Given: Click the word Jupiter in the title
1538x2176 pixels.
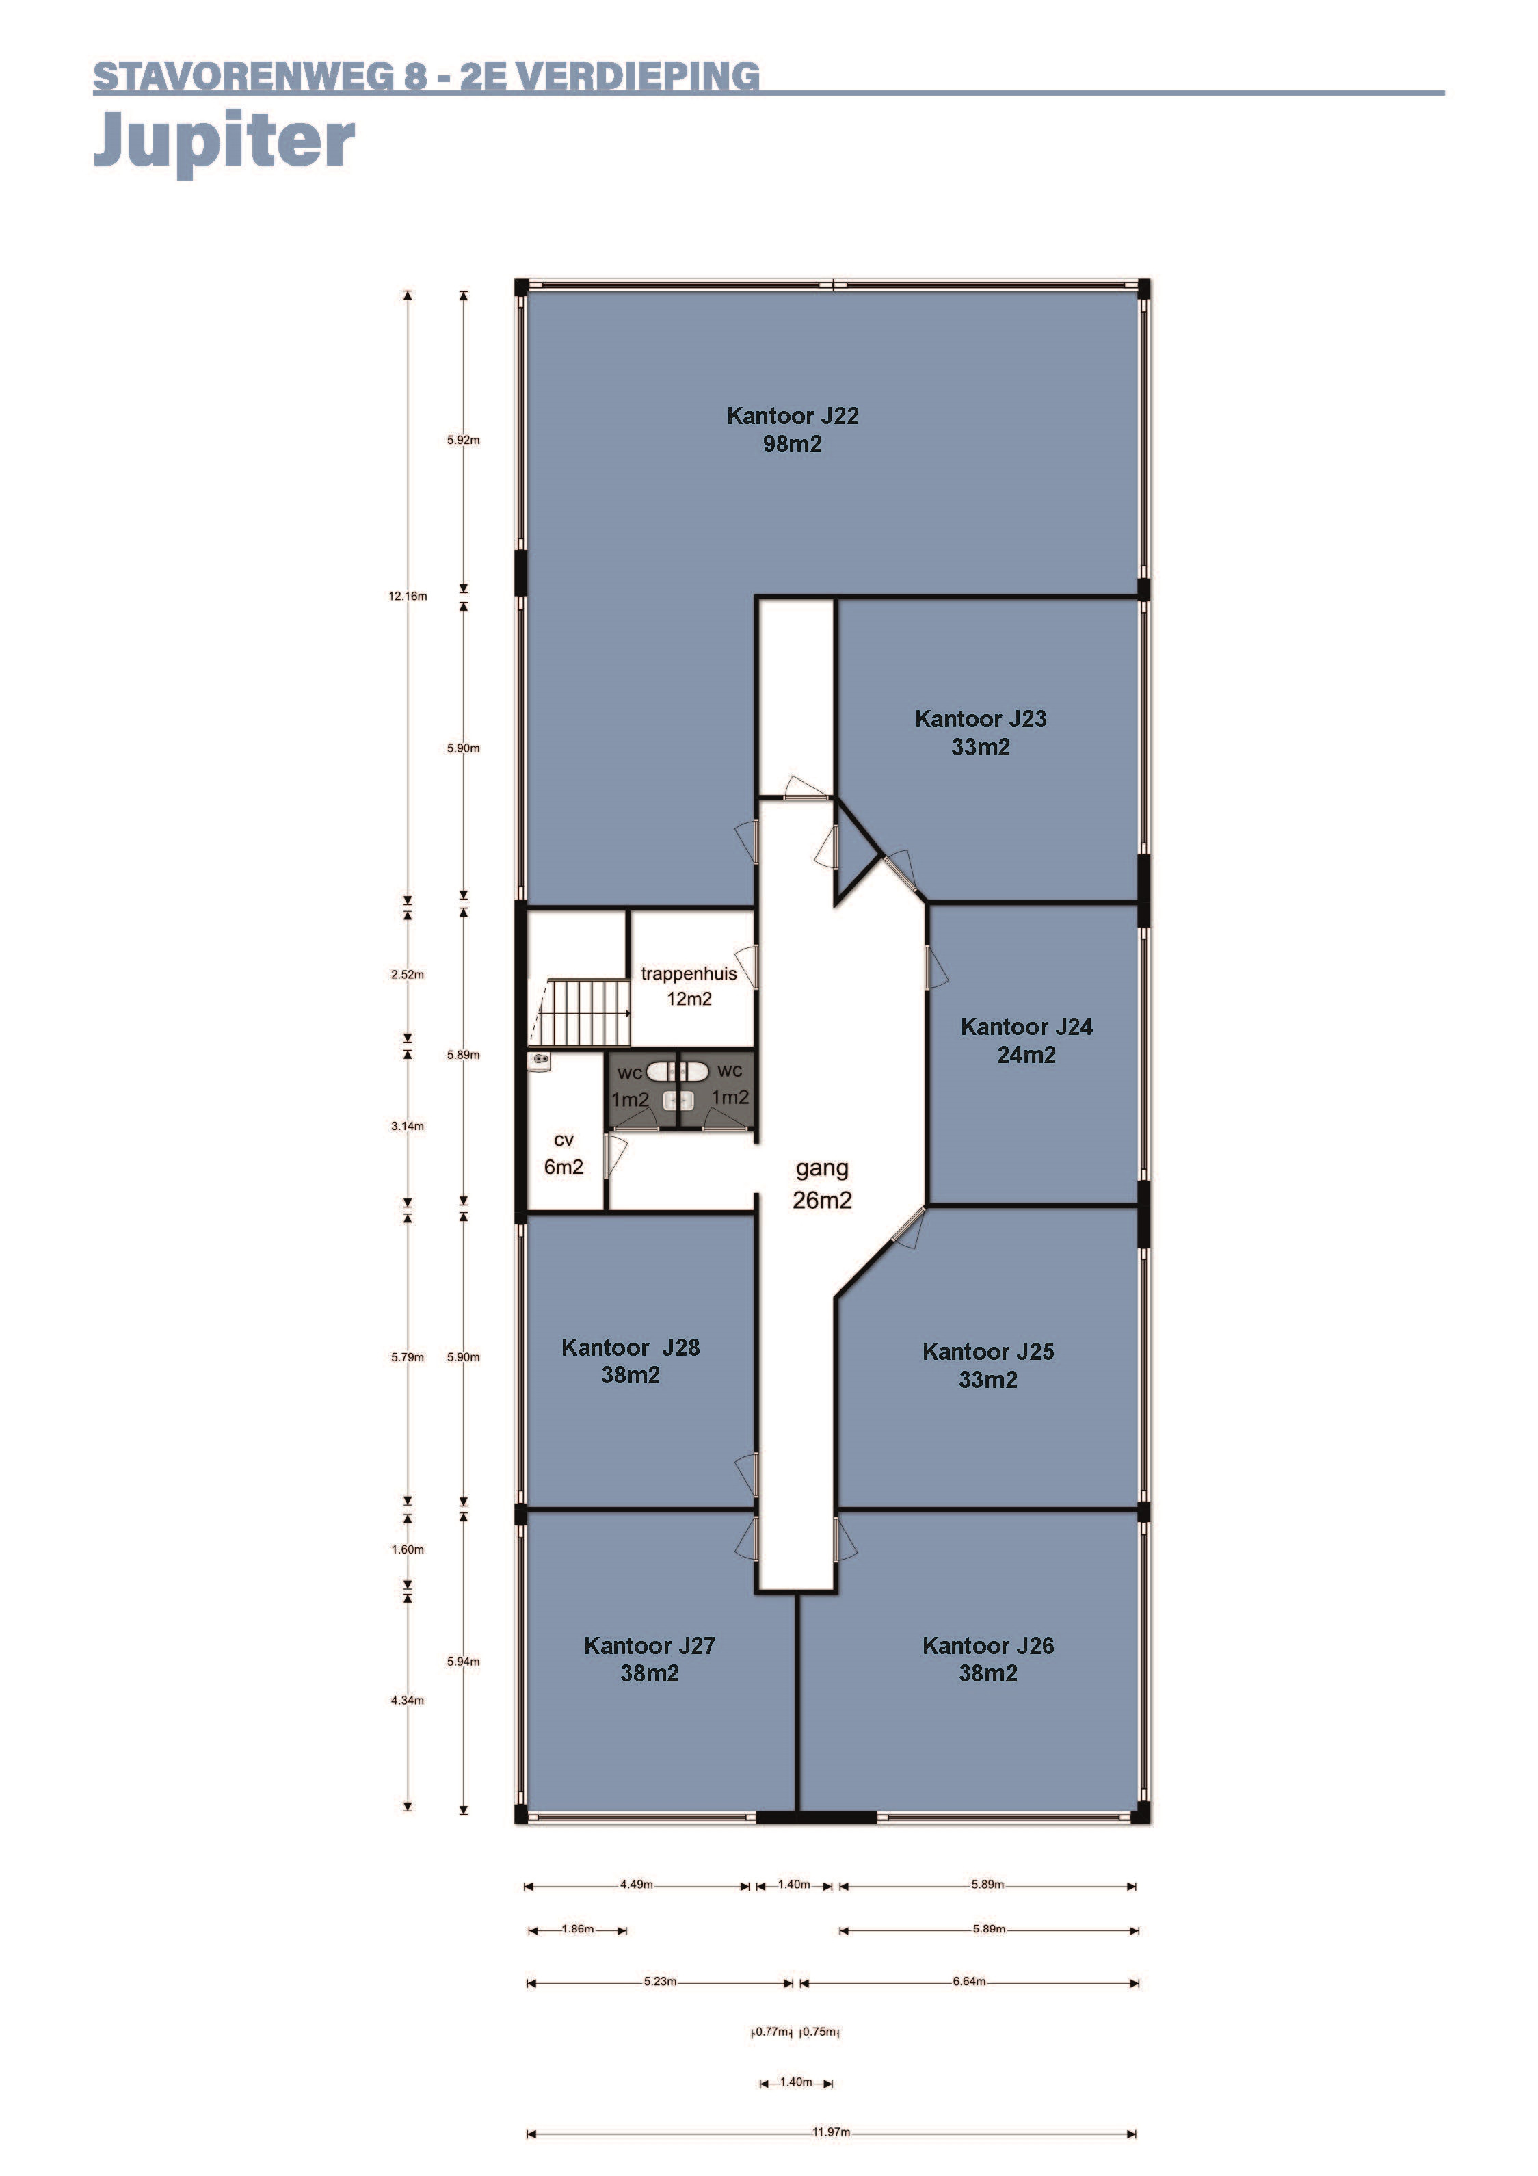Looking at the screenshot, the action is [224, 142].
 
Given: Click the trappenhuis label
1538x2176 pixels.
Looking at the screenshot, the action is [689, 973].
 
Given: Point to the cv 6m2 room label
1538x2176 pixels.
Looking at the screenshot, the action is [563, 1153].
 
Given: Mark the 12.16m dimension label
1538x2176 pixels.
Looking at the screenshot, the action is [408, 596].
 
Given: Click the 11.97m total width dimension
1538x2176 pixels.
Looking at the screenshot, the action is [831, 2132].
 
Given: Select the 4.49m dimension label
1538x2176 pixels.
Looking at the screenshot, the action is [637, 1884].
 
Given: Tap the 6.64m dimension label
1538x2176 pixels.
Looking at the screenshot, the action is [970, 1981].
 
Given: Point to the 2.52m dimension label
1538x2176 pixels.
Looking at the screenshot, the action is [408, 974].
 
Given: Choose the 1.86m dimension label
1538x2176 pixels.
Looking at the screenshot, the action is [578, 1928].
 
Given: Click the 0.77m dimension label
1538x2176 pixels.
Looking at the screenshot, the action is [771, 2031].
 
